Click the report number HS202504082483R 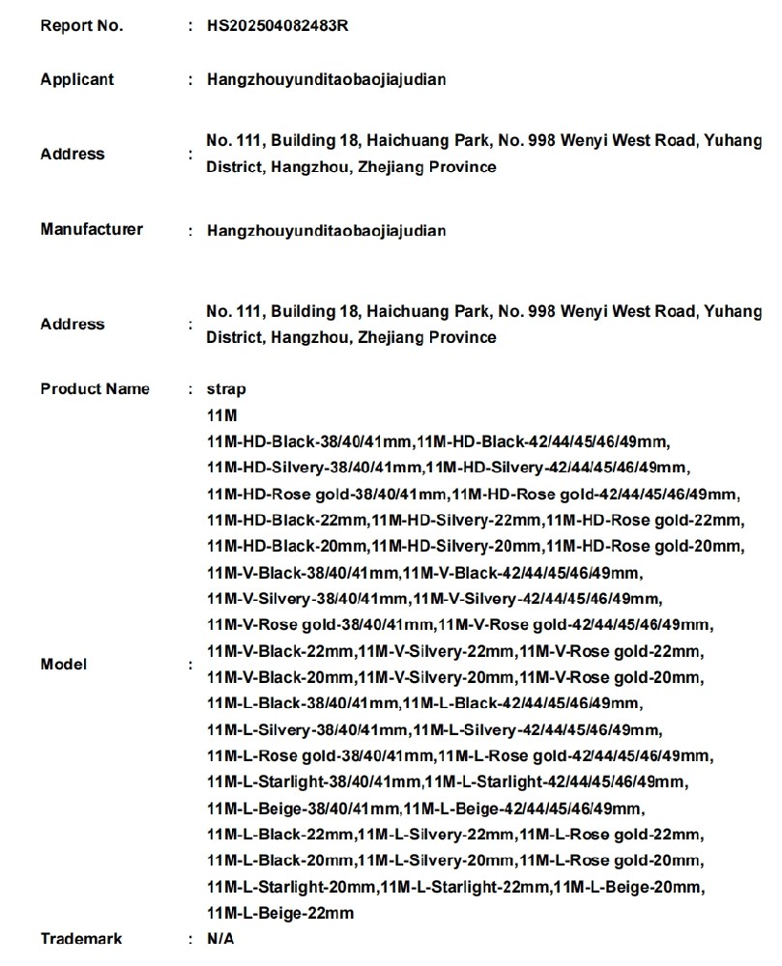277,26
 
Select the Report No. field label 81,26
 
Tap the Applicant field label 76,79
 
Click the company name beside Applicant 326,80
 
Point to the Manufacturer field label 91,229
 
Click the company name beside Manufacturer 326,231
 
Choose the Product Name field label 95,389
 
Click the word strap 226,389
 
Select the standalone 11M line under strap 221,415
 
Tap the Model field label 63,665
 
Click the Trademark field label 81,938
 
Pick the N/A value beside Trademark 220,938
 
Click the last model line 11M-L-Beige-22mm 280,913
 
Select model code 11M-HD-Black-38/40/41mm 309,442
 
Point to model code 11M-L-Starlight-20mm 292,887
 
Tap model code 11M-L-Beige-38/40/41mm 303,809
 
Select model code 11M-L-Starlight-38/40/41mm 314,781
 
